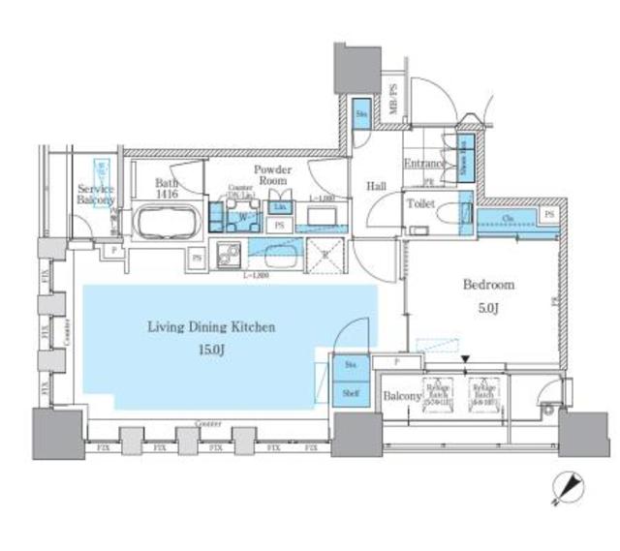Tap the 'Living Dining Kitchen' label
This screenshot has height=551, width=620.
[211, 327]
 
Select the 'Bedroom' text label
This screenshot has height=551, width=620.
[488, 285]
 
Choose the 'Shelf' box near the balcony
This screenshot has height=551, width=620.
[348, 394]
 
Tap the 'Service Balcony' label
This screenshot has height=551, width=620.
[96, 195]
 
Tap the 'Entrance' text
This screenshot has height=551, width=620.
[424, 164]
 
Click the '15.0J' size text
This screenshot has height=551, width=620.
[214, 348]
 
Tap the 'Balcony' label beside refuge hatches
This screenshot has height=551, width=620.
[401, 396]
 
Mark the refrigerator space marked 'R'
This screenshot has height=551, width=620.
[326, 257]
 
